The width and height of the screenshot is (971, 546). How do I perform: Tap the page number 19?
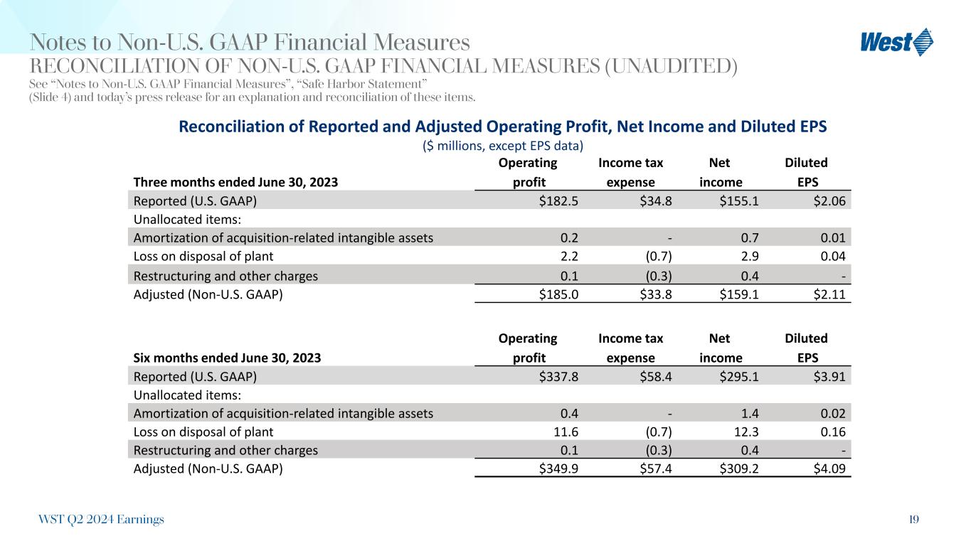coord(913,520)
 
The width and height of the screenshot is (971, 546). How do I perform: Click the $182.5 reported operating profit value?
coord(558,201)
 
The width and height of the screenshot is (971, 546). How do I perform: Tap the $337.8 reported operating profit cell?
coord(558,376)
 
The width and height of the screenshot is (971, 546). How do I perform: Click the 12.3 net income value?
coord(746,431)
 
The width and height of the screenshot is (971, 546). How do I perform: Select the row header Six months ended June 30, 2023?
coord(227,358)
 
